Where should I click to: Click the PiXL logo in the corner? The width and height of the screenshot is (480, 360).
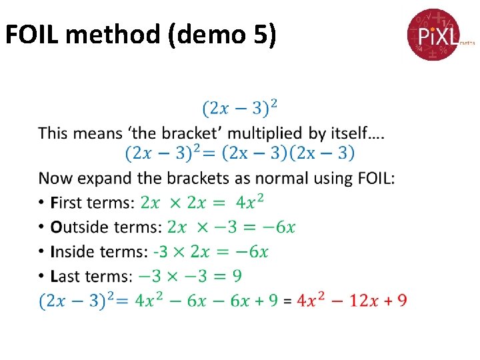tap(434, 34)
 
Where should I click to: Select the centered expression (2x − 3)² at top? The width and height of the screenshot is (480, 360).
tap(240, 107)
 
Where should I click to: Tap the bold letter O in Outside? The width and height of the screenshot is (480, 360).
tap(55, 227)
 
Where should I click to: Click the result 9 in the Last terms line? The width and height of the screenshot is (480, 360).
tap(237, 276)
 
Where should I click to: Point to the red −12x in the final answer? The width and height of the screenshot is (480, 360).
tap(359, 301)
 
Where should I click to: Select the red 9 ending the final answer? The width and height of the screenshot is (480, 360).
tap(401, 301)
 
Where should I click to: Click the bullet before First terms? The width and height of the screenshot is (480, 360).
tap(42, 202)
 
